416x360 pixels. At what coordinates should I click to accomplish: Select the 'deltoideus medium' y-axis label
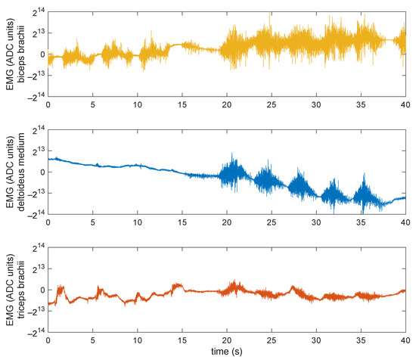pyautogui.click(x=19, y=172)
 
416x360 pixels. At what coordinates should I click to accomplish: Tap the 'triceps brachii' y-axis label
pyautogui.click(x=19, y=290)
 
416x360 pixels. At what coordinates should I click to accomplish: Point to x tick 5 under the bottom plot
pyautogui.click(x=92, y=340)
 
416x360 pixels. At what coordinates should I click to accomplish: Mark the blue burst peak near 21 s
pyautogui.click(x=234, y=156)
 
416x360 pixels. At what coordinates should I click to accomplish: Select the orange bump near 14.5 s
pyautogui.click(x=177, y=285)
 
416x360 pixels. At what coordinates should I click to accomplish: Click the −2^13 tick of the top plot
pyautogui.click(x=33, y=76)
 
